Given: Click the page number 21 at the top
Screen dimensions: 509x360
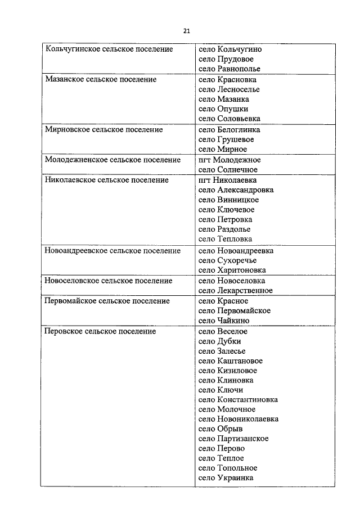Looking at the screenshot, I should (x=186, y=30).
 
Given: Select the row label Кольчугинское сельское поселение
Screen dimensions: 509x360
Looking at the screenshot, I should (x=109, y=49).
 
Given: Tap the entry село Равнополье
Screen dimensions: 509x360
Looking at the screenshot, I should (x=229, y=69).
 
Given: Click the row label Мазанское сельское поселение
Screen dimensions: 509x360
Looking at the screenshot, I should (x=101, y=80).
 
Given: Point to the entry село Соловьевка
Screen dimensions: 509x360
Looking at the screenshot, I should (x=229, y=119).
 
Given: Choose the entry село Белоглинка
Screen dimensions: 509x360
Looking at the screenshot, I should (x=229, y=129).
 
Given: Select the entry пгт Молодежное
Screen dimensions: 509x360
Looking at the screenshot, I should (x=229, y=160).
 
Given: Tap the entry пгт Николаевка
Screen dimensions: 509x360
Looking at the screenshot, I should (x=228, y=180).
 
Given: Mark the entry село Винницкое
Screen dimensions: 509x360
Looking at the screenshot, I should (x=229, y=200).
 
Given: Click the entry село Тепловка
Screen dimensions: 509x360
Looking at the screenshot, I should (x=226, y=239).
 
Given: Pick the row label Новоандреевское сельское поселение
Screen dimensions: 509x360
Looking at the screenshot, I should (x=112, y=251).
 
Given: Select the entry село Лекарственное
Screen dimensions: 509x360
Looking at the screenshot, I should (x=236, y=291).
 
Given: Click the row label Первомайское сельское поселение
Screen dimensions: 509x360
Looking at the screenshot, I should (x=107, y=301).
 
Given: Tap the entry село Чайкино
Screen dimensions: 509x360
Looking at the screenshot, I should (x=224, y=321).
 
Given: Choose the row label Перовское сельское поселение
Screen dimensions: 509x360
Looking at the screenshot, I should (x=100, y=332).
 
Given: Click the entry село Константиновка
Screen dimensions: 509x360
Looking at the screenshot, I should (x=238, y=400).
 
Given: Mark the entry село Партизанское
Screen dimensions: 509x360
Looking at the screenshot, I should (x=233, y=439).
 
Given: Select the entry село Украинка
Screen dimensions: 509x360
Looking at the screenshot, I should (x=226, y=478).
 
